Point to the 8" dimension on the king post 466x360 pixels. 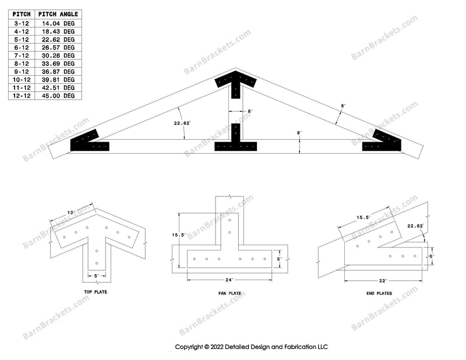pos(250,111)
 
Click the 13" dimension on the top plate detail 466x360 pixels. pos(70,214)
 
